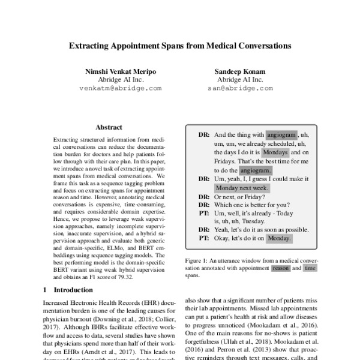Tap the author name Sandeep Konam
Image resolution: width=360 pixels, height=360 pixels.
240,71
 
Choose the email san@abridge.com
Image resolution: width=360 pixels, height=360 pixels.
240,88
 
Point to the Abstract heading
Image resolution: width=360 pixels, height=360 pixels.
109,127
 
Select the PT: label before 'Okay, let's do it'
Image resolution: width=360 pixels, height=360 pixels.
203,238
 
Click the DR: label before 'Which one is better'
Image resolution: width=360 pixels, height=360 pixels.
203,204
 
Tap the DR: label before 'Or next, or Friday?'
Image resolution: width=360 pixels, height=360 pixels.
203,196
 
